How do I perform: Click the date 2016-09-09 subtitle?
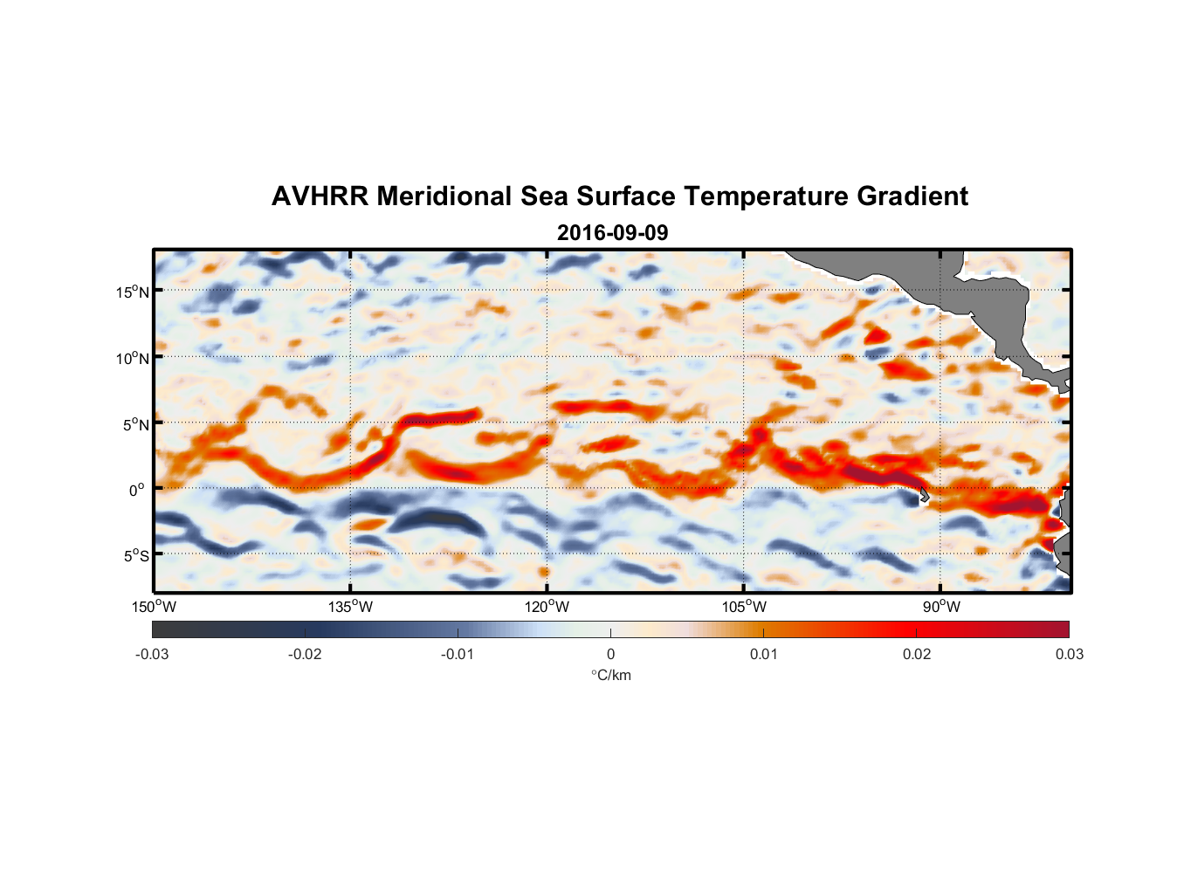point(612,233)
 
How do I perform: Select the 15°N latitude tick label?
point(133,292)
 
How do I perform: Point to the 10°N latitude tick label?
point(133,358)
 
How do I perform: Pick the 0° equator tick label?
point(137,490)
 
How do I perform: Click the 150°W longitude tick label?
point(155,607)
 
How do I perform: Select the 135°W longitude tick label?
point(351,607)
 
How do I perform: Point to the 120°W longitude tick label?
point(547,607)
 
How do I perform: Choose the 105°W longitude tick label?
point(744,607)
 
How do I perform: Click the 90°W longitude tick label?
point(941,607)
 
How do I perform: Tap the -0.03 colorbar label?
point(152,654)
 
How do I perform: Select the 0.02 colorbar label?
point(916,654)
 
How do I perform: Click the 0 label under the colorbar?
point(610,654)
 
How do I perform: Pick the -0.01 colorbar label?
point(458,654)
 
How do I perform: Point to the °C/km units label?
point(610,675)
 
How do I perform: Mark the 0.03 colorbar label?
point(1069,654)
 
